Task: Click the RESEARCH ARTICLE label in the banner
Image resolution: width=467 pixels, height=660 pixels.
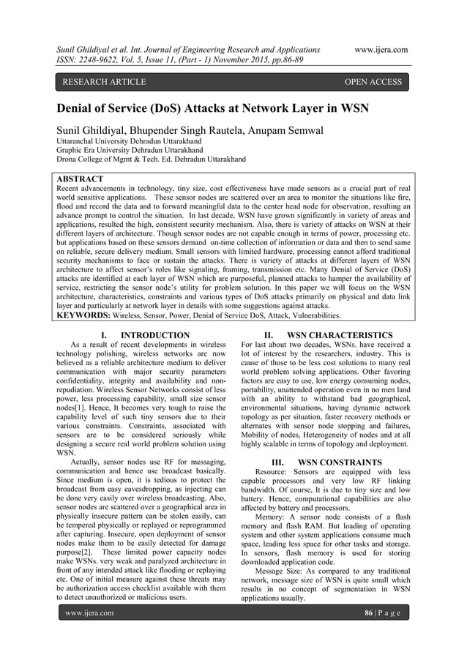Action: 105,82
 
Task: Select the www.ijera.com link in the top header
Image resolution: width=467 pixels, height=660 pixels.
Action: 380,49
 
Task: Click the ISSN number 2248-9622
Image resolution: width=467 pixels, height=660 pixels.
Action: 101,61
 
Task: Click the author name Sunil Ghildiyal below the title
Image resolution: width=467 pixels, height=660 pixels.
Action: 95,131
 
